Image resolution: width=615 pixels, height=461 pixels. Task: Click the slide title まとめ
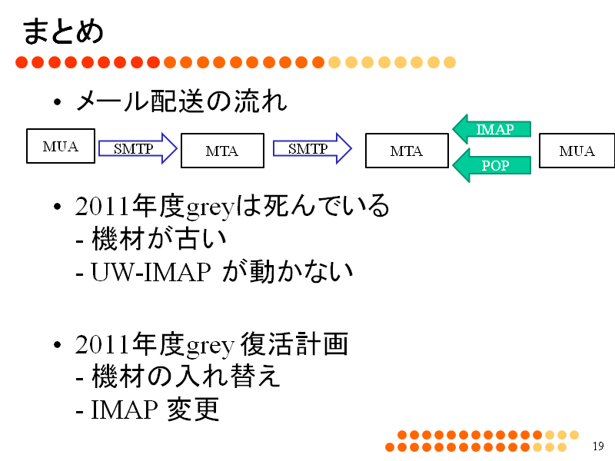click(x=63, y=32)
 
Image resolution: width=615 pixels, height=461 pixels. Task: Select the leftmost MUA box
click(x=61, y=146)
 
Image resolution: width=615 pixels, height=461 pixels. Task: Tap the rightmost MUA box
click(x=577, y=151)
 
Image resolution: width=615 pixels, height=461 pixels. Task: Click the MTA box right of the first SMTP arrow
click(x=222, y=151)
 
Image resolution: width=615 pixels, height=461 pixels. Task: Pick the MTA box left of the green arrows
click(x=407, y=151)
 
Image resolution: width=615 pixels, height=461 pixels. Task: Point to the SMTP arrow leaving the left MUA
click(x=138, y=148)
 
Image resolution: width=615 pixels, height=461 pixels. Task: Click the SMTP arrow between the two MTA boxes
click(x=312, y=148)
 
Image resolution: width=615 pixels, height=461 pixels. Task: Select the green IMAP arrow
click(x=492, y=129)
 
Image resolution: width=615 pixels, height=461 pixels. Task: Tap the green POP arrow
click(x=492, y=165)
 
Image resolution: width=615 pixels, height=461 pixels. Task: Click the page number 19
click(x=598, y=446)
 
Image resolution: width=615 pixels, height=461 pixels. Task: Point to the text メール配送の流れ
click(x=181, y=101)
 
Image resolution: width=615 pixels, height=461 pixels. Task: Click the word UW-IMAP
click(x=151, y=272)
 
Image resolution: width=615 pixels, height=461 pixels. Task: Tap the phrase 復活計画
click(x=294, y=344)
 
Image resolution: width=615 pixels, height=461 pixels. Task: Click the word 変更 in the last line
click(x=193, y=410)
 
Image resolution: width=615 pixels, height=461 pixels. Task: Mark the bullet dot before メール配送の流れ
click(x=57, y=102)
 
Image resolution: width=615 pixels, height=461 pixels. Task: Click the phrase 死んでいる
click(x=326, y=205)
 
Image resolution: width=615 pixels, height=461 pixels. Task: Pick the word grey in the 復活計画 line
click(x=210, y=347)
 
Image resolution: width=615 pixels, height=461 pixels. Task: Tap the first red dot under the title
click(x=22, y=62)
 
